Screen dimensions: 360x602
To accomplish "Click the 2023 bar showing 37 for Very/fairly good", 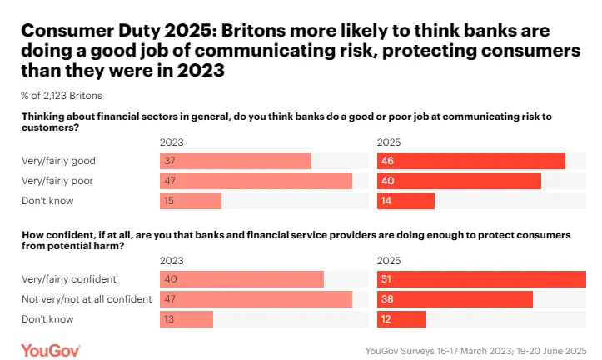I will coord(235,161).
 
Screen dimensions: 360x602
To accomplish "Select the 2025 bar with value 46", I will coord(470,161).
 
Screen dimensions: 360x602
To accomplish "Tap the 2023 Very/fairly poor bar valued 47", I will coord(256,181).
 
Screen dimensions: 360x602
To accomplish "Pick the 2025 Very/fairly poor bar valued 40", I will coord(459,181).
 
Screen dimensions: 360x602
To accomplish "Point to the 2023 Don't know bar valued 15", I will coord(190,201).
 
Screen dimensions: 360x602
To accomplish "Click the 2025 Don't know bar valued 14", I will coord(405,201).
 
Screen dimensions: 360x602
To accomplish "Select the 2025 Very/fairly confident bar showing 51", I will coord(481,278).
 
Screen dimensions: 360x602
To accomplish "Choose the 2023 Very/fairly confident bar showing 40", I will coord(241,278).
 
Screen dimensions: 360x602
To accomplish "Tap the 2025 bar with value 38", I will coord(455,298).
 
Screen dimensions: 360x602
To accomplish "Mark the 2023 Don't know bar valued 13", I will coord(186,318).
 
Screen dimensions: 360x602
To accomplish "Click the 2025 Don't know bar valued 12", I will coord(401,318).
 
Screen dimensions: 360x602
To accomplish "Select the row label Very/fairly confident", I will coord(69,278).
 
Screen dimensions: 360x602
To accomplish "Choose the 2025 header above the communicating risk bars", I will coord(389,142).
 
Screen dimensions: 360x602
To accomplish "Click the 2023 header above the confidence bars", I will coord(172,259).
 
